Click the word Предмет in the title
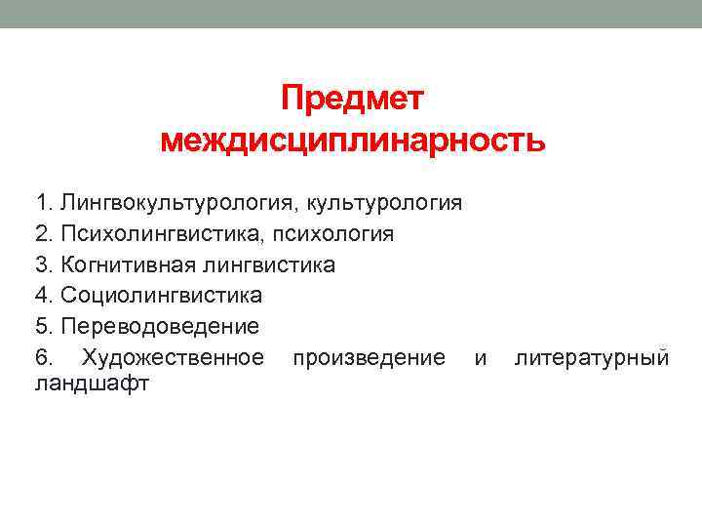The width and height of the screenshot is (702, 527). pyautogui.click(x=353, y=99)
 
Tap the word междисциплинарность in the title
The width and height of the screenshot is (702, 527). pyautogui.click(x=353, y=142)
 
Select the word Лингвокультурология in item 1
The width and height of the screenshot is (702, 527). pyautogui.click(x=179, y=204)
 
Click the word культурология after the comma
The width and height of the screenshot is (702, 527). pyautogui.click(x=384, y=204)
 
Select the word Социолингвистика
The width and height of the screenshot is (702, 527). pyautogui.click(x=161, y=295)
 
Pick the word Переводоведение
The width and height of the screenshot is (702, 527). pyautogui.click(x=160, y=325)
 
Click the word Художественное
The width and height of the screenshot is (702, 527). pyautogui.click(x=174, y=356)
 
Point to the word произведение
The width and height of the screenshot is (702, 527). pyautogui.click(x=369, y=356)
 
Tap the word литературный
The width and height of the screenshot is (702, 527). pyautogui.click(x=592, y=356)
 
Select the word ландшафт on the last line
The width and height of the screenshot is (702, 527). pyautogui.click(x=92, y=383)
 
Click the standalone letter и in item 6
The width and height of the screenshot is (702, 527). pyautogui.click(x=480, y=357)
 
